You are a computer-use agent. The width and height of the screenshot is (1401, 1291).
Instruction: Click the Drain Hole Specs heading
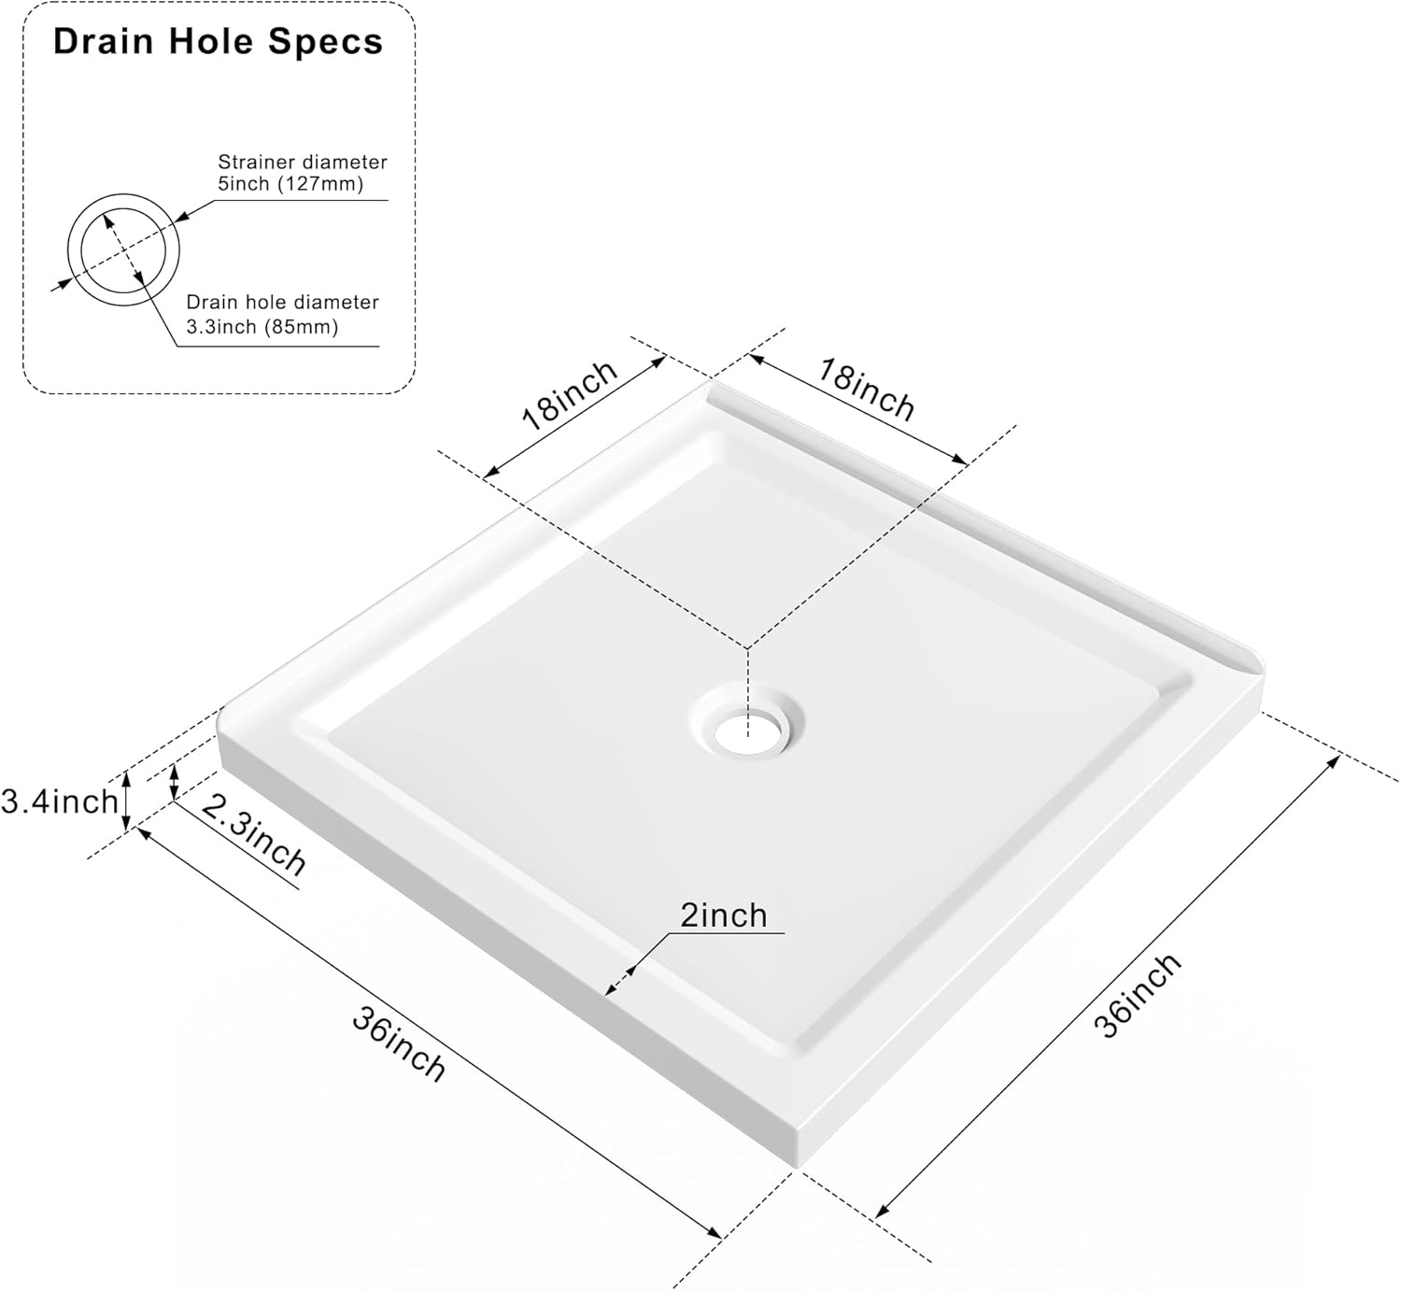(x=218, y=41)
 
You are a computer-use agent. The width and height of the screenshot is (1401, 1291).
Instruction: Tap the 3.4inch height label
(x=60, y=802)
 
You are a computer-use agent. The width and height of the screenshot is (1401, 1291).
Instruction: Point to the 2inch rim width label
(x=724, y=915)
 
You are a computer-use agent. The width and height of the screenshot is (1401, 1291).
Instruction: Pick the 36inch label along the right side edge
(x=1137, y=996)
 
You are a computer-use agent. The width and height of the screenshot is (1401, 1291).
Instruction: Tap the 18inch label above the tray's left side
(x=570, y=395)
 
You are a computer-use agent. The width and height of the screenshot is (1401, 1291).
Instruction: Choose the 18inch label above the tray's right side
(x=866, y=390)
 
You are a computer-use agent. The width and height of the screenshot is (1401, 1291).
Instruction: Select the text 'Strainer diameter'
(x=303, y=162)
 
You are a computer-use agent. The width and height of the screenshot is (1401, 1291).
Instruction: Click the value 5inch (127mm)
(x=290, y=184)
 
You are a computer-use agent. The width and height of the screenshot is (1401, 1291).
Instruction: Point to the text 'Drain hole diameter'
(x=282, y=302)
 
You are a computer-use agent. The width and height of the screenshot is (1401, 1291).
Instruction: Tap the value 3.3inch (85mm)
(x=262, y=326)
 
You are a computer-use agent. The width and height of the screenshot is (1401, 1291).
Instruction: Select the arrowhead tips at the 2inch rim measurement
(x=620, y=979)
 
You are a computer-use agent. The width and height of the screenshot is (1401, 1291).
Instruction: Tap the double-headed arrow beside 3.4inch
(x=126, y=802)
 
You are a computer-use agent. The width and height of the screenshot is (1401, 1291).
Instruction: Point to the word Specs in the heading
(x=325, y=43)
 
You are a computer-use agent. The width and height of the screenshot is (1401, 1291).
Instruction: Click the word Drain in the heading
(x=104, y=41)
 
